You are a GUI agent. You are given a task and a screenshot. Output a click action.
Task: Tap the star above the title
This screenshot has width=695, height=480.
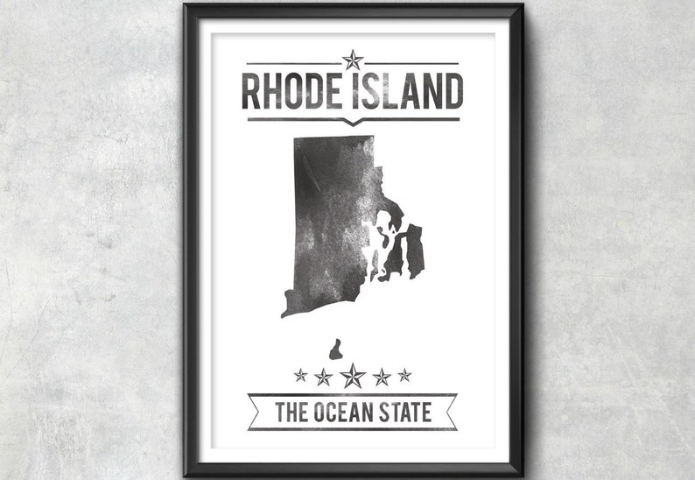click(x=352, y=60)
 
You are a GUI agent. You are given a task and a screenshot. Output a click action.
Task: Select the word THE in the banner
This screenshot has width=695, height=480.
click(x=292, y=412)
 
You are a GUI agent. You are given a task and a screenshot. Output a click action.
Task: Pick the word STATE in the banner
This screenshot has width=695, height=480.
click(x=404, y=412)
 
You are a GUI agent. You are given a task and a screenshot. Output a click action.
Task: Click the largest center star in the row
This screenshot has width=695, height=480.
click(x=352, y=376)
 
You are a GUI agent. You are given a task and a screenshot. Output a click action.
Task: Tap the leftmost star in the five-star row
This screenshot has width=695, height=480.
click(x=300, y=375)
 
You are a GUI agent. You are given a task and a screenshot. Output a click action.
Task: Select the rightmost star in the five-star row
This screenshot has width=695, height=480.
click(x=404, y=375)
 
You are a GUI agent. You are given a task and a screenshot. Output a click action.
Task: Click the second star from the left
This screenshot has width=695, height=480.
click(x=323, y=377)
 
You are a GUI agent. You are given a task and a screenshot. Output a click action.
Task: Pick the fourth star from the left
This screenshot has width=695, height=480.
click(x=382, y=377)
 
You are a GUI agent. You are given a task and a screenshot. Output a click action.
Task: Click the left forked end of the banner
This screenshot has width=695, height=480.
click(x=255, y=412)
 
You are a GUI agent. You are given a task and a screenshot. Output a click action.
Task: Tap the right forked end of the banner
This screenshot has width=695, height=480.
click(x=449, y=412)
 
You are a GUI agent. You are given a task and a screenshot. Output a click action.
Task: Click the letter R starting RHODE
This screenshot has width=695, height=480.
click(x=251, y=92)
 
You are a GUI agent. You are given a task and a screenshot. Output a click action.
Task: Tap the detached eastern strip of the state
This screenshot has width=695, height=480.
click(x=414, y=251)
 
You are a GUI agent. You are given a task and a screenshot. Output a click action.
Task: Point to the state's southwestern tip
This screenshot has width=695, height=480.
click(x=284, y=313)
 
